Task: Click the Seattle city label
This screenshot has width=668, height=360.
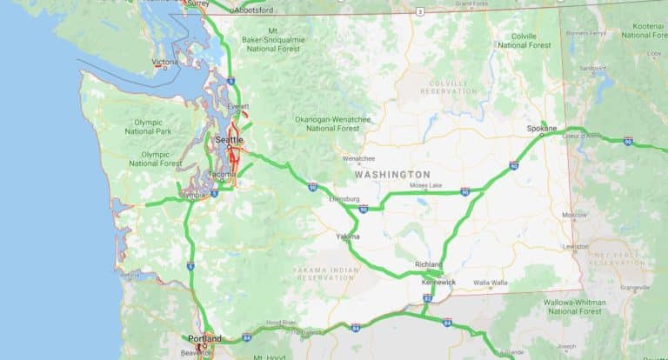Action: [x=229, y=139]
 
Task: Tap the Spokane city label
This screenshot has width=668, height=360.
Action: [x=541, y=129]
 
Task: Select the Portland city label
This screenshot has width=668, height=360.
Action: [x=205, y=338]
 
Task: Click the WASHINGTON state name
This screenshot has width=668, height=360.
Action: [x=392, y=175]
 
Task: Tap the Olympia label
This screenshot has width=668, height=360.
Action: [x=192, y=196]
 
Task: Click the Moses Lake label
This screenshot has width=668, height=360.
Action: [x=425, y=185]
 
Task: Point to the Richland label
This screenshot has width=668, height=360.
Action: [x=429, y=263]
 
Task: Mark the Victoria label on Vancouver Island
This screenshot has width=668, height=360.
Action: [x=165, y=62]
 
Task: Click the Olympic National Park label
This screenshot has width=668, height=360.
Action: [x=148, y=126]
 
